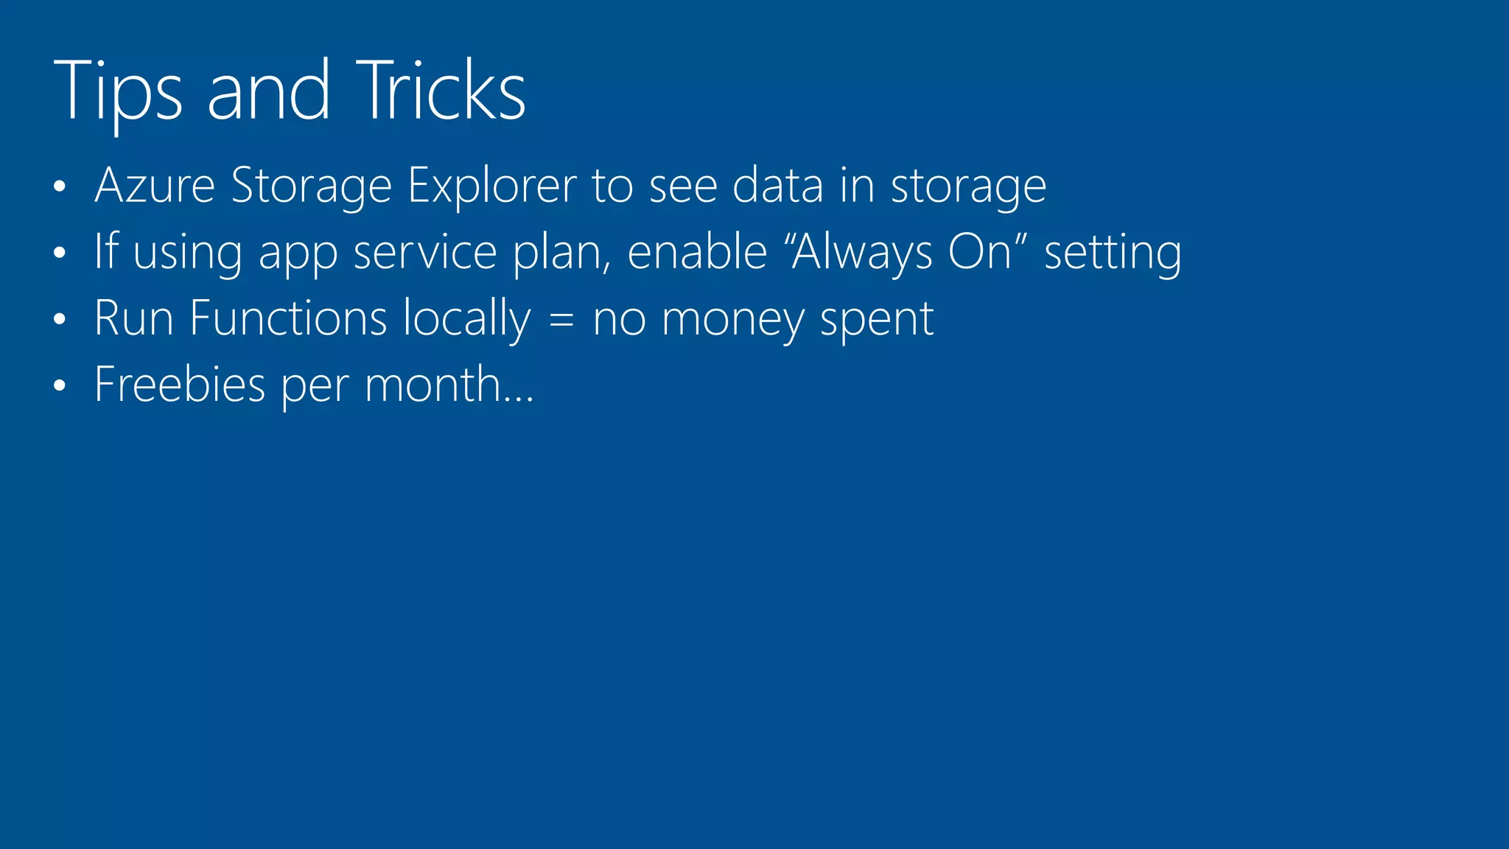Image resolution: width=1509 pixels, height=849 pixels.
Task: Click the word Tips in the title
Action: [117, 91]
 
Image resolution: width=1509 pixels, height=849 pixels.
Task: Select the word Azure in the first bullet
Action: [155, 185]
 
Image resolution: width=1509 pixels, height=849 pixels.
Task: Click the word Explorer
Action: [491, 185]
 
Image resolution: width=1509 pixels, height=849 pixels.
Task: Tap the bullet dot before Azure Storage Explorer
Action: [60, 187]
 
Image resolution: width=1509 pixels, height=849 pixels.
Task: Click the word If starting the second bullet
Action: [106, 251]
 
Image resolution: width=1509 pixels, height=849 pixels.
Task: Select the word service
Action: [425, 252]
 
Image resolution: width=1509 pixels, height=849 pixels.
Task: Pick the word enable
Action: [697, 252]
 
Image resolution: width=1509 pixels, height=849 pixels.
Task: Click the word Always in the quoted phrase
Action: [862, 252]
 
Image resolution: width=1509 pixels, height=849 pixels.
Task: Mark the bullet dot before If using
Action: [60, 254]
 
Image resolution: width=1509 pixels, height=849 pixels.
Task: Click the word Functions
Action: [288, 318]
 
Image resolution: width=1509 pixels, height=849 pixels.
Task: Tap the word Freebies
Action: [180, 385]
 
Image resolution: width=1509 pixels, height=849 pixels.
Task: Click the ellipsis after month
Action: [519, 399]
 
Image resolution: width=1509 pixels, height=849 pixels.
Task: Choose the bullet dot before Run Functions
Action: [60, 320]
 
